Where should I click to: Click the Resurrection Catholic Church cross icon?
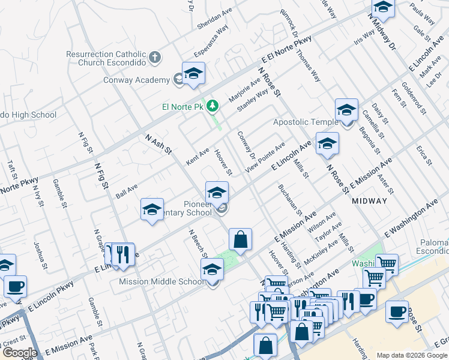155,58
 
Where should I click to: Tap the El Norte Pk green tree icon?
212,106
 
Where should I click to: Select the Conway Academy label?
136,80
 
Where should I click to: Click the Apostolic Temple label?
306,122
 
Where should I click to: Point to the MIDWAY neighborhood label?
370,201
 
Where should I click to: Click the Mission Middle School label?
161,281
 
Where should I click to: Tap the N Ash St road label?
158,146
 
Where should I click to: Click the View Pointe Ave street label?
265,158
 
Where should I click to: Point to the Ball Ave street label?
127,191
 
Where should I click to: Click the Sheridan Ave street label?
214,22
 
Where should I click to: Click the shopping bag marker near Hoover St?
240,239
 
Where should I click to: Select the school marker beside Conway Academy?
193,74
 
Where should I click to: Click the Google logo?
20,353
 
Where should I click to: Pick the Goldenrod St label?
414,98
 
